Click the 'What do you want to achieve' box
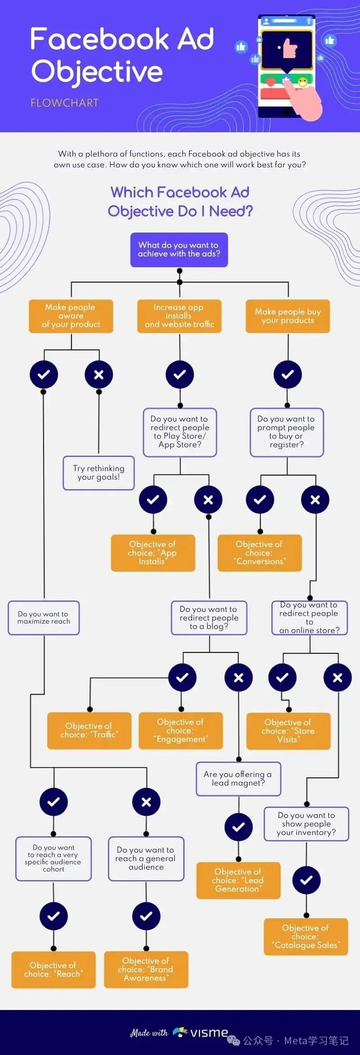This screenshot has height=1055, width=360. tap(179, 250)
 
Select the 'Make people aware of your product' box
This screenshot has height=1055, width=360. tap(71, 316)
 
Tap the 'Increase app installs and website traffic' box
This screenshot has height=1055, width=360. tap(179, 316)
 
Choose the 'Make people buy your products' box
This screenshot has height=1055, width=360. tap(288, 316)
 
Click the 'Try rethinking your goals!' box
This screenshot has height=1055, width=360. tap(99, 473)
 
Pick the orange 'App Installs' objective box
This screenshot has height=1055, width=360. tap(153, 553)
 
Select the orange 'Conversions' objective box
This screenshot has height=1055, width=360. tap(260, 553)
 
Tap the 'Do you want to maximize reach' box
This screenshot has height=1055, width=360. tap(44, 618)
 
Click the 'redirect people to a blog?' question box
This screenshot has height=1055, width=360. tap(209, 618)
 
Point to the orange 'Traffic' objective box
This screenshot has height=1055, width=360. tap(89, 730)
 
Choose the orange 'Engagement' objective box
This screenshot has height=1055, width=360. tap(180, 730)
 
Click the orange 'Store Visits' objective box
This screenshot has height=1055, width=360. tap(288, 731)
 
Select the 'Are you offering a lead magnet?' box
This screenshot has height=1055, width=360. tap(238, 779)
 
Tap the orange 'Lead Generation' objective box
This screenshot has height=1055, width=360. tap(238, 880)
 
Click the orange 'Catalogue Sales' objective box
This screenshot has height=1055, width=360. tap(306, 937)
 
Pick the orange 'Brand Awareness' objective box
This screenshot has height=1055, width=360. tap(146, 970)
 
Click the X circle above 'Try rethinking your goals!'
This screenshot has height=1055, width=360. tap(99, 374)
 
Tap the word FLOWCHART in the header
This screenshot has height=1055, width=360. tap(64, 103)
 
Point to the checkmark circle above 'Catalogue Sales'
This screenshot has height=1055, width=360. tap(306, 880)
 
